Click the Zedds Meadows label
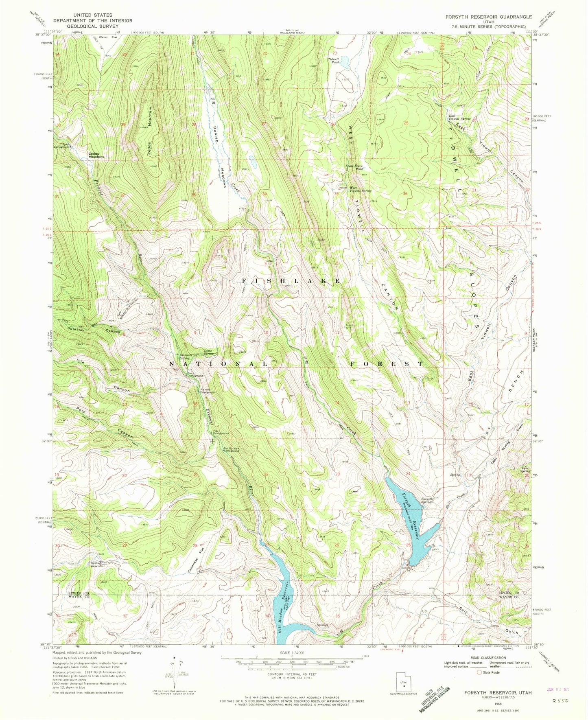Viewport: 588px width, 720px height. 96,155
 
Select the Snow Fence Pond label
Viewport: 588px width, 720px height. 354,167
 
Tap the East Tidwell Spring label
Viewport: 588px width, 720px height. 459,117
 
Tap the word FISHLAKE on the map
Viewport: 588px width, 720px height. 291,281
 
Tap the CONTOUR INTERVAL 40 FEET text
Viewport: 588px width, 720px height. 291,674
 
